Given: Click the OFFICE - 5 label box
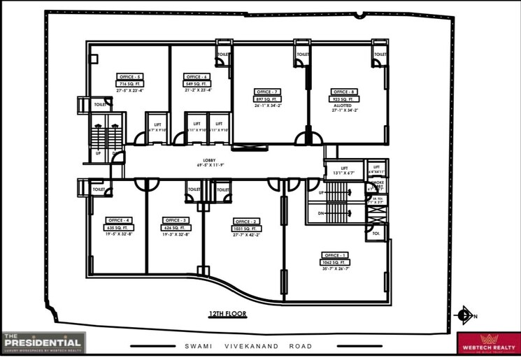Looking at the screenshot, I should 130,76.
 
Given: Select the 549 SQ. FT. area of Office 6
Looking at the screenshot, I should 197,83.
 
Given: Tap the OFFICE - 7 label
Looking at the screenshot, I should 267,92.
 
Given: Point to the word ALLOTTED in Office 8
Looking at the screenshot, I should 343,106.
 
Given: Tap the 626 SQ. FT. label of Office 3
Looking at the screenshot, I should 174,227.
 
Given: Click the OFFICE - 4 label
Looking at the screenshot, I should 118,220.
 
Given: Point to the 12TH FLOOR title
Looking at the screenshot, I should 228,315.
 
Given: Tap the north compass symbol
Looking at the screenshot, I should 463,315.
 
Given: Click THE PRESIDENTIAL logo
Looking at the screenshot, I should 43,342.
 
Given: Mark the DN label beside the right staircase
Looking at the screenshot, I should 320,213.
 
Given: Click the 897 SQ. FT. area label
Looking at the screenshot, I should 267,99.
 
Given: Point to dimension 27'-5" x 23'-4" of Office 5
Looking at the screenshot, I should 130,90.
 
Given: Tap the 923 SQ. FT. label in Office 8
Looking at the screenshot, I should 343,99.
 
